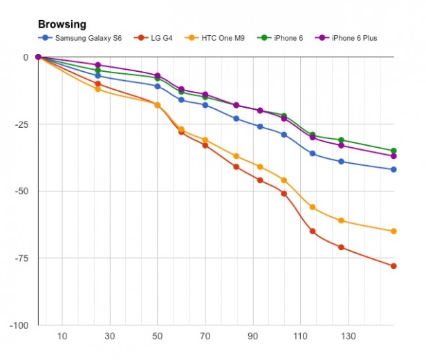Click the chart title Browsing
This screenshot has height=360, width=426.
click(62, 24)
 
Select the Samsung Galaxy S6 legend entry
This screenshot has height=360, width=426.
click(80, 38)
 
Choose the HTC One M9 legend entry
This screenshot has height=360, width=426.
click(214, 38)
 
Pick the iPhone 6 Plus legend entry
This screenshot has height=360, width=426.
click(346, 38)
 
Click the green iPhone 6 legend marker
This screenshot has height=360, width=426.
click(264, 38)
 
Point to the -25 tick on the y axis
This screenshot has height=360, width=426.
click(21, 124)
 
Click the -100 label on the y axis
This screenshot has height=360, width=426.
click(19, 325)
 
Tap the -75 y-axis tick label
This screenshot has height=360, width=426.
click(21, 258)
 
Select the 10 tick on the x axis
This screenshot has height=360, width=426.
click(62, 337)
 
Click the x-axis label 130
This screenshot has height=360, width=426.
click(349, 337)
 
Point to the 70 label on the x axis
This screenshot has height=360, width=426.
click(205, 337)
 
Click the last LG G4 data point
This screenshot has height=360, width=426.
click(393, 266)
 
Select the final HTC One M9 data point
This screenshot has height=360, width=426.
click(393, 231)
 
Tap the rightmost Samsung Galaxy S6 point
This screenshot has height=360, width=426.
click(393, 170)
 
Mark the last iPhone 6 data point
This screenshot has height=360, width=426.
click(393, 151)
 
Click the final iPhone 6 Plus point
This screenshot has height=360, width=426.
click(393, 156)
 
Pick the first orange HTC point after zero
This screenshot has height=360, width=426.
click(98, 89)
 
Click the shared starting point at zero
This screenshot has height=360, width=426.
click(38, 57)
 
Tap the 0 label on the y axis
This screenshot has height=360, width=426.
click(26, 57)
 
